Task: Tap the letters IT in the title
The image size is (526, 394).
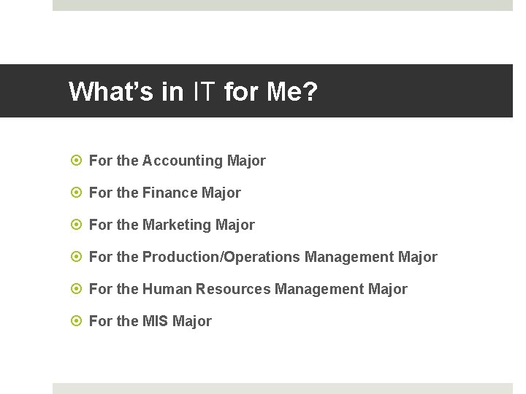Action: click(205, 92)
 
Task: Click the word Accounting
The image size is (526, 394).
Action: click(183, 161)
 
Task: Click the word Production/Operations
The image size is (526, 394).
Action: click(221, 257)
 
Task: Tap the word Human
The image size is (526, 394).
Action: click(167, 289)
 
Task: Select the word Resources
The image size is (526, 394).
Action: click(233, 289)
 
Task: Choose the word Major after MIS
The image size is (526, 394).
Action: click(192, 321)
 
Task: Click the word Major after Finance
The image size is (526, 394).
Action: click(221, 193)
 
